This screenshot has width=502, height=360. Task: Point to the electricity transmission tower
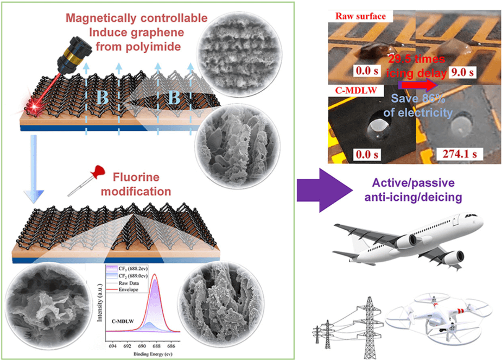coord(371,321)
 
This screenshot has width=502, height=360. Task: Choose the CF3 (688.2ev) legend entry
coord(129,268)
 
